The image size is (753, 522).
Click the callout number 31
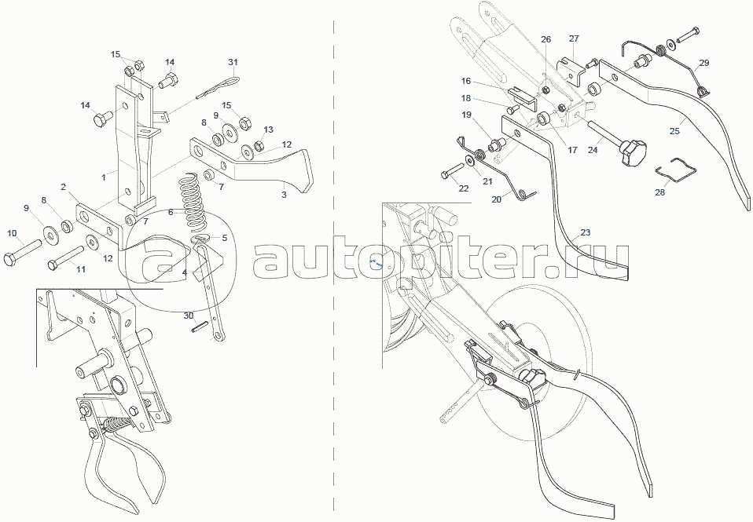pos(233,62)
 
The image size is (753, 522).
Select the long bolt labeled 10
pos(23,252)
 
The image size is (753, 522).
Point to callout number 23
pos(585,232)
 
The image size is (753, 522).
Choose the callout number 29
pos(704,63)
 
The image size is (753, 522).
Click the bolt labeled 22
pos(451,171)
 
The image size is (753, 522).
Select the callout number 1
pos(104,177)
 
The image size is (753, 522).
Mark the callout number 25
pos(674,130)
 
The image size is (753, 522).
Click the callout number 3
pos(285,195)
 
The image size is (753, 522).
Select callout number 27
pos(575,38)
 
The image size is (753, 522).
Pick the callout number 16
pos(466,81)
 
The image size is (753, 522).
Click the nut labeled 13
pos(259,144)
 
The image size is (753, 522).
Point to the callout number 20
pos(497,199)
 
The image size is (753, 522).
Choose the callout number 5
pos(224,238)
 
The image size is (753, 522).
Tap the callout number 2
pos(64,187)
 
